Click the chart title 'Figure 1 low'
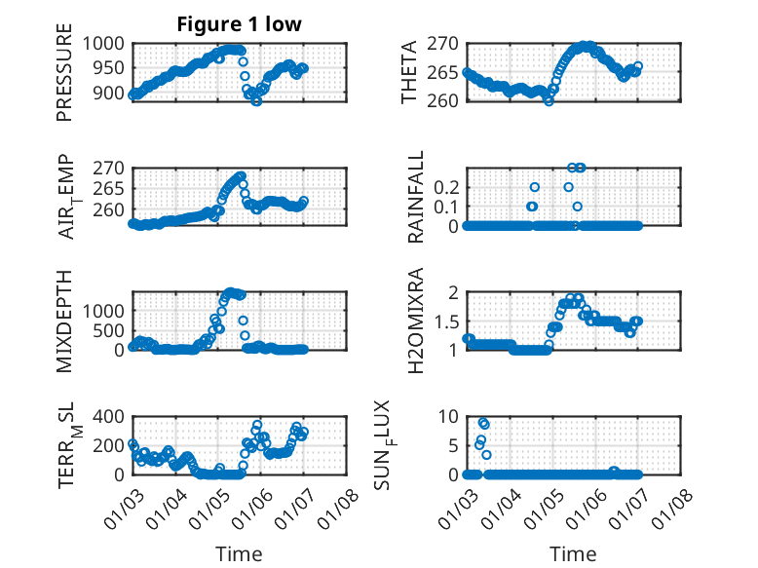pyautogui.click(x=240, y=25)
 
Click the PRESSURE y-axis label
pyautogui.click(x=65, y=78)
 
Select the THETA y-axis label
pyautogui.click(x=409, y=72)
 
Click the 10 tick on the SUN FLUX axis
pyautogui.click(x=447, y=417)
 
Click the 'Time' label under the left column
pyautogui.click(x=240, y=554)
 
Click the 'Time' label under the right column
pyautogui.click(x=574, y=554)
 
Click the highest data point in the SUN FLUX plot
pyautogui.click(x=482, y=422)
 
